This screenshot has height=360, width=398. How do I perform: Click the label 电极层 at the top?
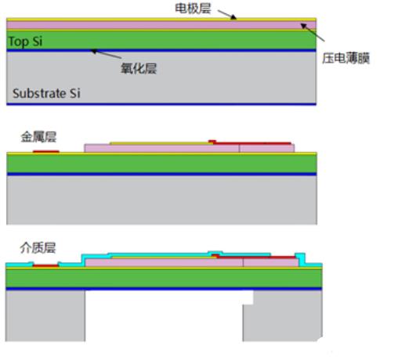(193, 9)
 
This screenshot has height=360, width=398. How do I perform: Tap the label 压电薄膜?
(346, 58)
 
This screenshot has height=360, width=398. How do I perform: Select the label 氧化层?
(139, 69)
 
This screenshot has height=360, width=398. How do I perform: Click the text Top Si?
(25, 41)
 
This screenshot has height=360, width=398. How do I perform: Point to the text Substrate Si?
(46, 93)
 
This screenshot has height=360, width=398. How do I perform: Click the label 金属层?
(38, 137)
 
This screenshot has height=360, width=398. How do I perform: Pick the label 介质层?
(38, 248)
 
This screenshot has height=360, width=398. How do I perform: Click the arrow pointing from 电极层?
(227, 15)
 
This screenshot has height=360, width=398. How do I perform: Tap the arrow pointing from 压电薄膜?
(313, 32)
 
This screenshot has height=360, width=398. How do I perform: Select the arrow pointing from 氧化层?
(106, 53)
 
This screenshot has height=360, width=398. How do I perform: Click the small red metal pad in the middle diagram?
(46, 151)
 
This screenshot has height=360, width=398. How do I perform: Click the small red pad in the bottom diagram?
(45, 265)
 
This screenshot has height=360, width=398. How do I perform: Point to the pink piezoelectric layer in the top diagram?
(161, 25)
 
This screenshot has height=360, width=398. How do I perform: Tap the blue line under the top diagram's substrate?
(161, 104)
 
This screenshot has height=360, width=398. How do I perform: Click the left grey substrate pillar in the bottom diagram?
(45, 315)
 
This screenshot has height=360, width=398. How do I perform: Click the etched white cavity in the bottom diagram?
(164, 315)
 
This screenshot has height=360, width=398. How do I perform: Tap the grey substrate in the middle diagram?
(161, 200)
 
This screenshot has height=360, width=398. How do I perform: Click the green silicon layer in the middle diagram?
(161, 164)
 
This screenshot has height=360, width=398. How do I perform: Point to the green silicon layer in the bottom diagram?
(164, 279)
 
